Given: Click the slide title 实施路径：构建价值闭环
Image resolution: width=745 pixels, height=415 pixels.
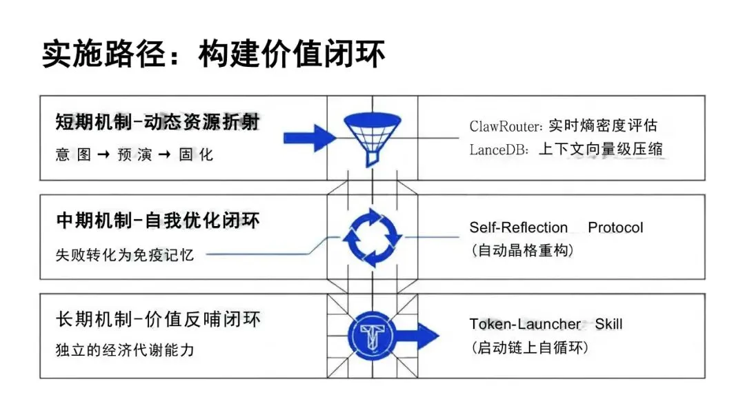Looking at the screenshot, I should (213, 54).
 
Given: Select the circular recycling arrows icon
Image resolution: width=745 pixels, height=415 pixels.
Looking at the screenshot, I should (372, 237).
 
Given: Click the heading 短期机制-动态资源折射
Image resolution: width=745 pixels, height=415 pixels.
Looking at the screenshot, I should (158, 122).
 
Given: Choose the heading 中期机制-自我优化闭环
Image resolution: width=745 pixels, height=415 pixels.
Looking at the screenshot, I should (158, 221).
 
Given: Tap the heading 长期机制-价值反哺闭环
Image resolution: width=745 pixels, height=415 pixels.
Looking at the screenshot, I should (158, 320).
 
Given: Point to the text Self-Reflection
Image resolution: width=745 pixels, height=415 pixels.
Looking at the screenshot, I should (518, 227).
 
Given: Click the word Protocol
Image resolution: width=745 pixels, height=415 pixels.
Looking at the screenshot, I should (615, 227).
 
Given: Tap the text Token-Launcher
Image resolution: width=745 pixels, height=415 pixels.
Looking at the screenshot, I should (526, 324).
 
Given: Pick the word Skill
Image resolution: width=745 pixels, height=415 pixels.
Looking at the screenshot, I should (609, 324).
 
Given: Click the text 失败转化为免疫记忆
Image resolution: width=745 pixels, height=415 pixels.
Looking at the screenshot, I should (125, 254).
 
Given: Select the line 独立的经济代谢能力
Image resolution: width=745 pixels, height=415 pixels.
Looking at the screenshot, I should (125, 350).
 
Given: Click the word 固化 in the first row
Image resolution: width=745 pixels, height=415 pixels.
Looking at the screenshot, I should (197, 155).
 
